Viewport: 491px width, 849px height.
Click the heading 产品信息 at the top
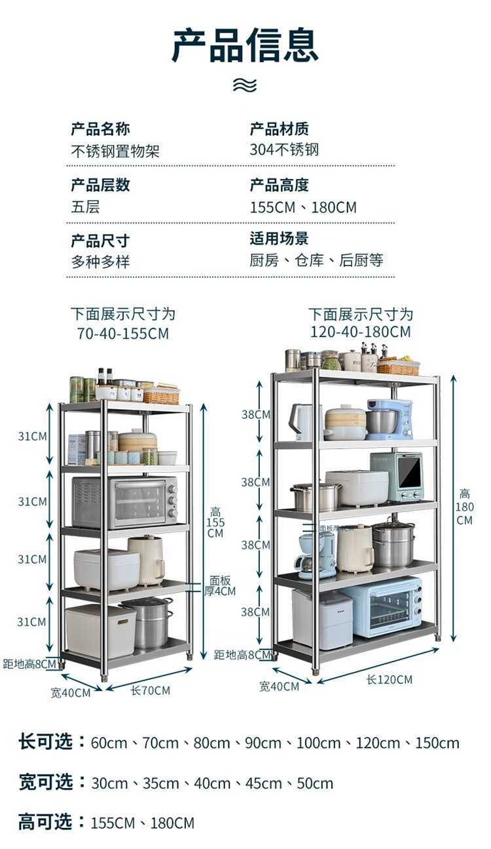pos(245,45)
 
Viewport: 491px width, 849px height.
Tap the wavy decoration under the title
pos(245,85)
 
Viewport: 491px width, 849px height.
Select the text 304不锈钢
pos(283,149)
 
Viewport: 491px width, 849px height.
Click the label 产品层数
pos(100,185)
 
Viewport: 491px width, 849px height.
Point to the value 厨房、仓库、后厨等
pos(316,260)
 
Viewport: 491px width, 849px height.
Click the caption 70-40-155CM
pos(122,334)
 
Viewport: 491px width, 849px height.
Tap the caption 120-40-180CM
pos(361,332)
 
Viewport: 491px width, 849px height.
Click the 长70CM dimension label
pos(150,690)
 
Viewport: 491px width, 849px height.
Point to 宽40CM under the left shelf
pos(71,692)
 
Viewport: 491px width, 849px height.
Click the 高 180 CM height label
pos(464,507)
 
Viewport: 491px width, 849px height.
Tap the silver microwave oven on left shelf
pos(124,502)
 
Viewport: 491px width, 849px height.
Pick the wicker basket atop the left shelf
pos(160,395)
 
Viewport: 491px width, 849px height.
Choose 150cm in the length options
pos(437,743)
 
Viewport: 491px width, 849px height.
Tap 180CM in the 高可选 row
pos(172,823)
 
